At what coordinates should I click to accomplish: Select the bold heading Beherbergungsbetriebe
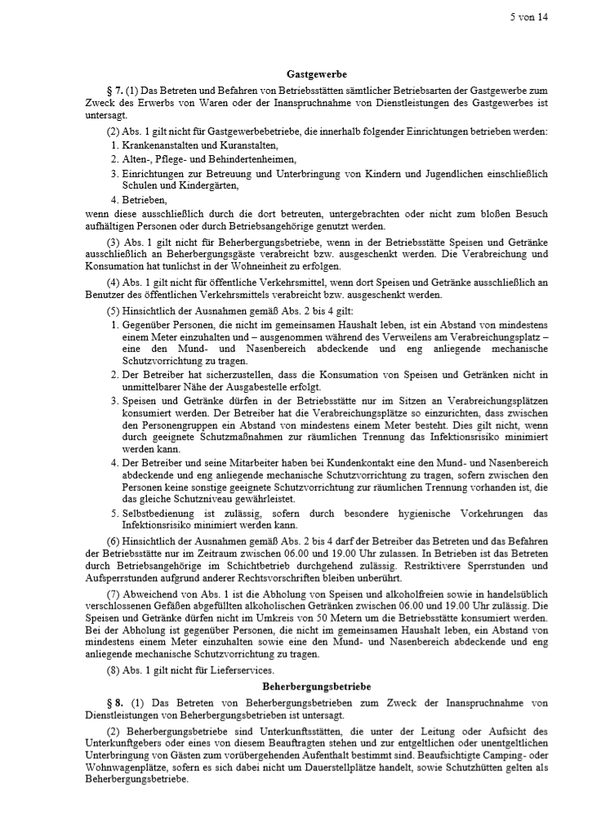click(x=315, y=687)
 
